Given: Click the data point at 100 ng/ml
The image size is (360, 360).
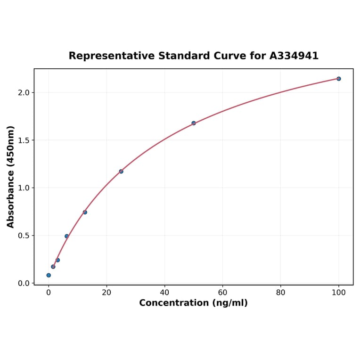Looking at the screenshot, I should click(x=338, y=79).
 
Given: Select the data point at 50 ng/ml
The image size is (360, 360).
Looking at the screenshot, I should click(x=194, y=123).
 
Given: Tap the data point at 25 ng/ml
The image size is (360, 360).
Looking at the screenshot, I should click(x=121, y=171).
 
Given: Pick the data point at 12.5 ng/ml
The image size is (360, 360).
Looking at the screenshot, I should click(x=85, y=212).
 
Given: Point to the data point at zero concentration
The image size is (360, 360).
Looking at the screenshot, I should click(x=49, y=275).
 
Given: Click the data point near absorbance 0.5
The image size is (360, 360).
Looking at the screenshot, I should click(x=66, y=236).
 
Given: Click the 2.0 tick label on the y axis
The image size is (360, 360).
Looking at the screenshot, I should click(x=24, y=92).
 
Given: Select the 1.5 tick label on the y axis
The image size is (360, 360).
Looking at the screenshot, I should click(x=24, y=140).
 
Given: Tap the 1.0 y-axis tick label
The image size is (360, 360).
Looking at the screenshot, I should click(x=24, y=188).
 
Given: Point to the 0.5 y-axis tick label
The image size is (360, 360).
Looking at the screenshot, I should click(x=24, y=236).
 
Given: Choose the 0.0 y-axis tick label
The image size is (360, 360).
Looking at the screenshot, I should click(x=24, y=283).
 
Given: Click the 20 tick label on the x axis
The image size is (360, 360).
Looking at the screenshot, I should click(x=106, y=293).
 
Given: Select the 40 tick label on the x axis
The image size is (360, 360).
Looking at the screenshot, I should click(x=164, y=293).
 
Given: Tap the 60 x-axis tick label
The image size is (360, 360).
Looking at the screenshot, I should click(x=222, y=293).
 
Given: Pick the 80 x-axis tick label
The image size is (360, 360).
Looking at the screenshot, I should click(x=281, y=293).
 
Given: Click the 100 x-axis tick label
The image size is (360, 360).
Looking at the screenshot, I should click(x=339, y=293).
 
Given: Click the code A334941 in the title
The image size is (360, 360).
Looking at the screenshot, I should click(x=294, y=56).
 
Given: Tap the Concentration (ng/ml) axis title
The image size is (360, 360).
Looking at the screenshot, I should click(x=193, y=303).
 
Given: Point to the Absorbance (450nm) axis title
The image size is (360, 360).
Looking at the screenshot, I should click(x=11, y=177).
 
